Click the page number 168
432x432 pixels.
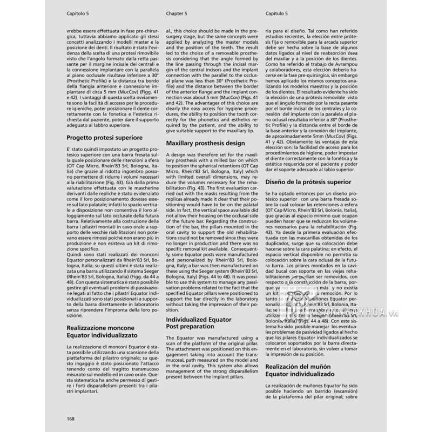[71, 419]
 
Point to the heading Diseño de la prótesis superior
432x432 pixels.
[308, 182]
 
